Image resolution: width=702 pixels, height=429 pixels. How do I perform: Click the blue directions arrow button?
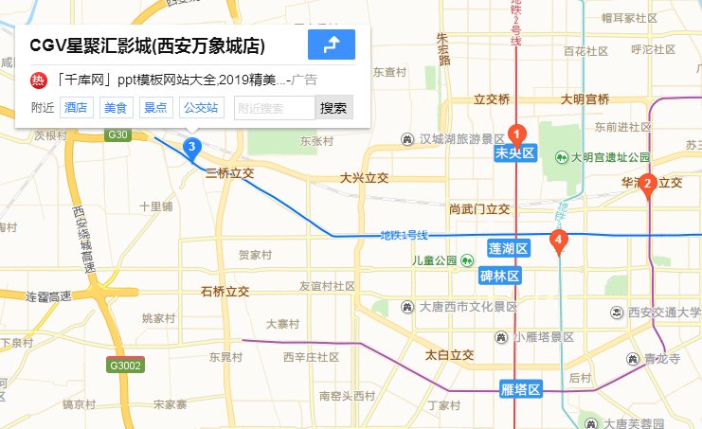pyautogui.click(x=331, y=45)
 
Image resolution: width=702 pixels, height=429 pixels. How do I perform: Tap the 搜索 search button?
pyautogui.click(x=333, y=108)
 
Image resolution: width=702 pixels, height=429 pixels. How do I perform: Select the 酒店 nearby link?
pyautogui.click(x=76, y=108)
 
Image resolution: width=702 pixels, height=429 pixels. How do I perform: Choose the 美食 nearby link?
pyautogui.click(x=116, y=108)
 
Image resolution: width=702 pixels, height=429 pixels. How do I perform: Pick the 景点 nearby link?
pyautogui.click(x=155, y=108)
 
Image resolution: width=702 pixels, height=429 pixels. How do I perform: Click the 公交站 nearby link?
pyautogui.click(x=201, y=108)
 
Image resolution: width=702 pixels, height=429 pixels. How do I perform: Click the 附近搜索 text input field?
pyautogui.click(x=274, y=108)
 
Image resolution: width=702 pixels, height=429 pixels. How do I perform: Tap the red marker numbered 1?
pyautogui.click(x=516, y=134)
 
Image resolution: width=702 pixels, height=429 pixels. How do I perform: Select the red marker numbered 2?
pyautogui.click(x=648, y=185)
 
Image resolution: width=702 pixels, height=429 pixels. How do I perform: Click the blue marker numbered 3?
pyautogui.click(x=191, y=147)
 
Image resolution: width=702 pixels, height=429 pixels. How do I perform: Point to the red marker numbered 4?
pyautogui.click(x=559, y=241)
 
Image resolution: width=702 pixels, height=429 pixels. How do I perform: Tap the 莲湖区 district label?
pyautogui.click(x=507, y=248)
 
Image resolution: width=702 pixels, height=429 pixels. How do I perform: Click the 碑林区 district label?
pyautogui.click(x=499, y=277)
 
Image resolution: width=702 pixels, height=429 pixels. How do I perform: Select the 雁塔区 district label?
pyautogui.click(x=520, y=389)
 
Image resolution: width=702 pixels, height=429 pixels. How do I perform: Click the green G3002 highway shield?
pyautogui.click(x=125, y=366)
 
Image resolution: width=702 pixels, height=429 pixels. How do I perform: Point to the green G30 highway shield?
pyautogui.click(x=117, y=135)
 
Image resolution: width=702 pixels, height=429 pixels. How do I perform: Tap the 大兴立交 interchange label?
pyautogui.click(x=365, y=178)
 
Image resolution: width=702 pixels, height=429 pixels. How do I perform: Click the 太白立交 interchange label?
pyautogui.click(x=449, y=355)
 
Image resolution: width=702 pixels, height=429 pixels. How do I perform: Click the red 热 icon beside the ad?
pyautogui.click(x=39, y=80)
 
